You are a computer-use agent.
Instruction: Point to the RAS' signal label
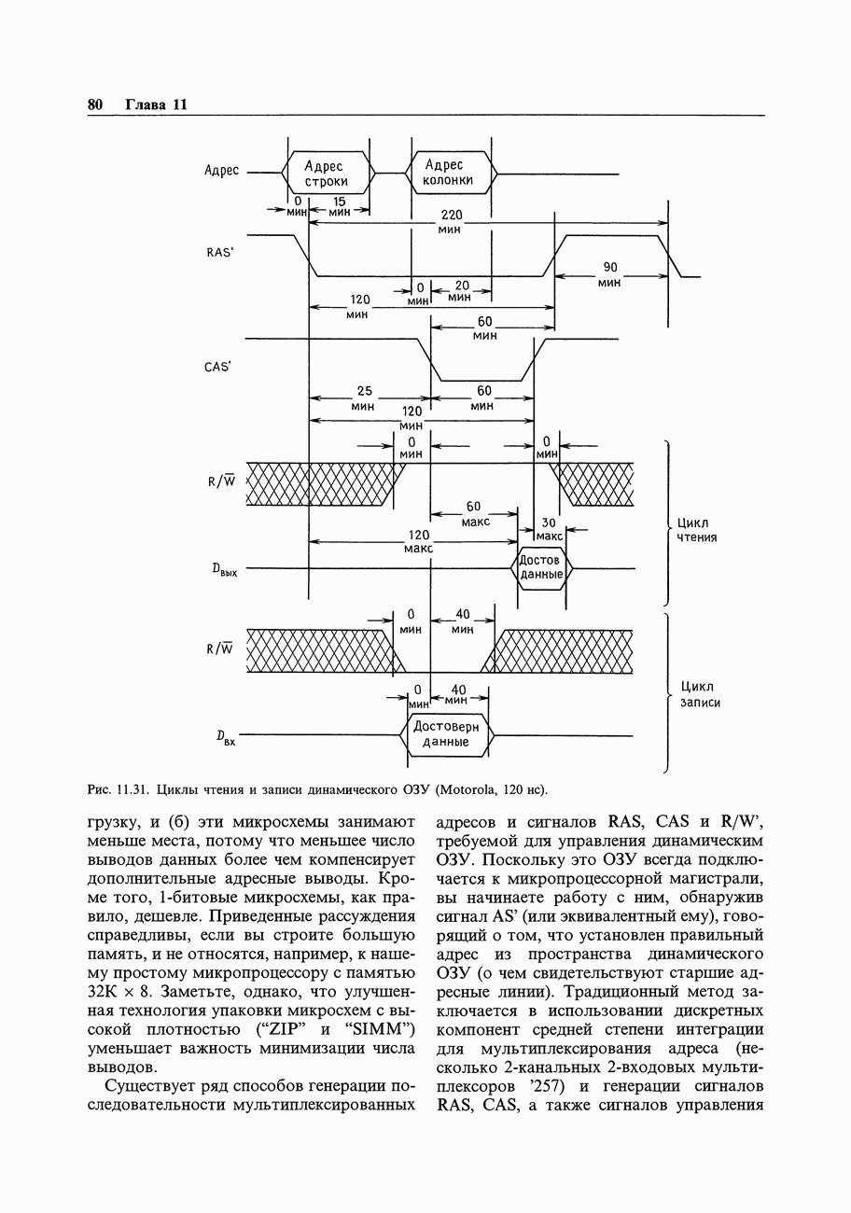[x=218, y=252]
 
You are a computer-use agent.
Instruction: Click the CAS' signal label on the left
[x=217, y=367]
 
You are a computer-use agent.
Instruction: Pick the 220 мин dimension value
[x=451, y=221]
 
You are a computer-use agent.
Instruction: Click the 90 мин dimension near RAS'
[x=610, y=274]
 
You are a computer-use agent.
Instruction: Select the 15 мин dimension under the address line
[x=339, y=207]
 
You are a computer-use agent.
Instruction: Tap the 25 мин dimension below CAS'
[x=364, y=398]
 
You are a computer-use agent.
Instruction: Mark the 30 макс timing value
[x=549, y=529]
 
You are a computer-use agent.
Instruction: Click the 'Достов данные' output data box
[x=541, y=567]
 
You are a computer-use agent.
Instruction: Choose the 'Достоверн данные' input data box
[x=446, y=734]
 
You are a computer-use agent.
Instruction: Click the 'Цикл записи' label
[x=700, y=694]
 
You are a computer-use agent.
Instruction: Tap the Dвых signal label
[x=225, y=570]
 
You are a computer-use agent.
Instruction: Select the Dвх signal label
[x=224, y=739]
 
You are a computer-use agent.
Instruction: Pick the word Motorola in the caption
[x=468, y=791]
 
